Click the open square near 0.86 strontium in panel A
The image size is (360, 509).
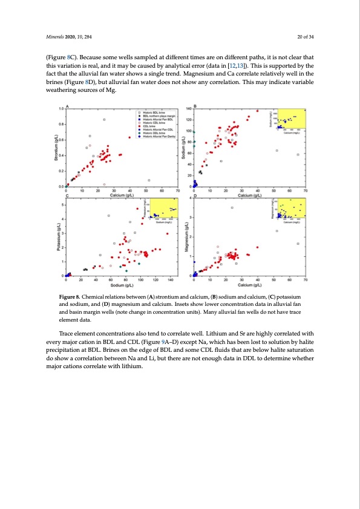point(104,120)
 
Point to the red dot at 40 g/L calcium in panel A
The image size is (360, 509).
point(129,137)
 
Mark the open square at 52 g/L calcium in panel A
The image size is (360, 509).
point(149,180)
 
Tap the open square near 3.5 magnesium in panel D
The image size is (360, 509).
point(232,207)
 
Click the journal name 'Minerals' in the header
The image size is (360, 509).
point(47,36)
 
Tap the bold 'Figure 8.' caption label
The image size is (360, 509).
point(83,297)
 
